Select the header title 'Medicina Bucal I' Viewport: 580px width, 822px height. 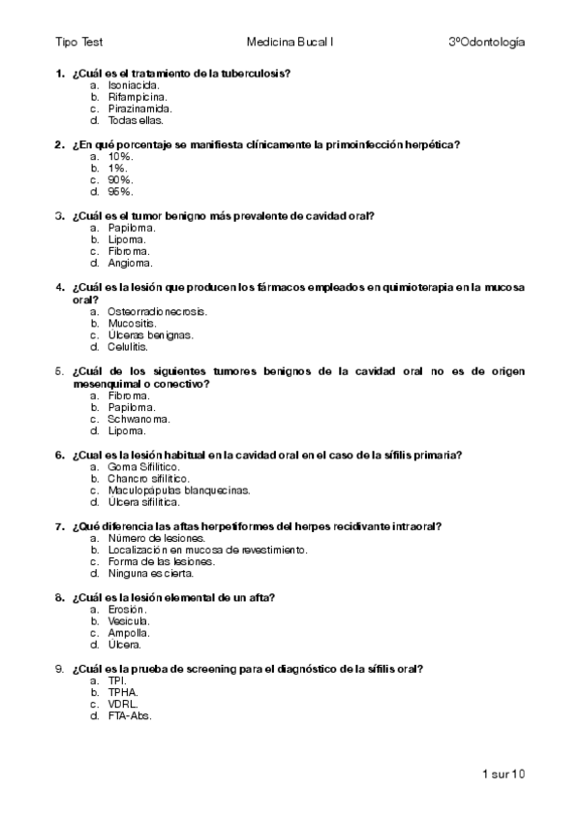coord(290,43)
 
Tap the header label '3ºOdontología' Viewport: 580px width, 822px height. coord(487,43)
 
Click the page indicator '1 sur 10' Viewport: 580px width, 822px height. coord(503,774)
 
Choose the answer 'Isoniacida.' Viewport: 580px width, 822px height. coord(135,86)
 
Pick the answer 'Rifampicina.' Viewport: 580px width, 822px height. coord(137,98)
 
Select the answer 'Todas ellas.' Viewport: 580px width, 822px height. coord(136,121)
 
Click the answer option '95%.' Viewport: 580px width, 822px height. coord(121,192)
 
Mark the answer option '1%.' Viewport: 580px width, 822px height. coord(118,169)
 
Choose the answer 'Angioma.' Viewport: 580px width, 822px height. coord(130,263)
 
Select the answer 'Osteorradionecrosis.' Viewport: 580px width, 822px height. coord(158,311)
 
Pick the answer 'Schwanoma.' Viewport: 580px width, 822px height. coord(139,419)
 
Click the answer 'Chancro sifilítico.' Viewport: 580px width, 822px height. coord(148,479)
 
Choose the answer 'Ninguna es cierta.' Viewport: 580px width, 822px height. coord(150,573)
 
